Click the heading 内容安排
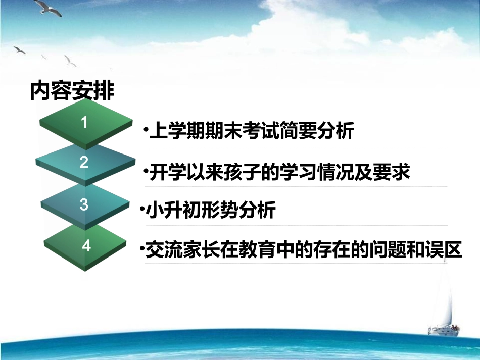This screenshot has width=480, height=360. click(72, 91)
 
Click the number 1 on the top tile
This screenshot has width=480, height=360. click(84, 122)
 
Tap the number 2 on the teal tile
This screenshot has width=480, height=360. click(84, 162)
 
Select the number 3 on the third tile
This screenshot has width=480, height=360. click(84, 204)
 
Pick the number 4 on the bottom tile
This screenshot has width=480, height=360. click(86, 246)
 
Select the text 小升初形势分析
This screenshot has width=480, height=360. click(211, 210)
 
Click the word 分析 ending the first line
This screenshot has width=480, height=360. click(337, 131)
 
